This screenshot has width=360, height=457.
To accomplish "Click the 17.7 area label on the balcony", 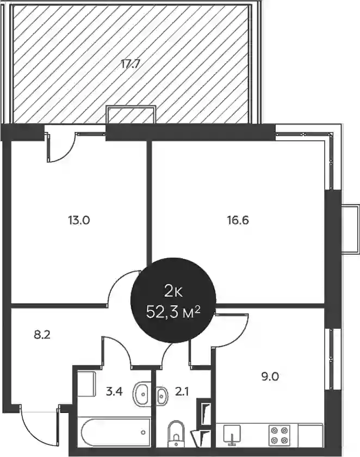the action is coord(131,64).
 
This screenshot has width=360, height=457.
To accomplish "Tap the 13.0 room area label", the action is coord(79,220).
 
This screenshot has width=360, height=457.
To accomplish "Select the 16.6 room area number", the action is coord(238,220).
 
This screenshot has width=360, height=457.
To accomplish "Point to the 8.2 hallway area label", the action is coord(42,335).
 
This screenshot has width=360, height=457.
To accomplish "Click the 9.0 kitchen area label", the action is coord(270,377).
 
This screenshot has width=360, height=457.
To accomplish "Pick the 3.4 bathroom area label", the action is coord(114,392).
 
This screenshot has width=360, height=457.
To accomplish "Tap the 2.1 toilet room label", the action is coord(182,392).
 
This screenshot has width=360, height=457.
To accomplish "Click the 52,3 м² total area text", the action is coord(173,313).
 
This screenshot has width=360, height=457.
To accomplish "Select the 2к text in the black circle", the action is coord(173,292).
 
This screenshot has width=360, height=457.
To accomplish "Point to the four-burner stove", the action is coord(280,434).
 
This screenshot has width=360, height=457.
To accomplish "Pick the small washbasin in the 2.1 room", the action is coord(162,396).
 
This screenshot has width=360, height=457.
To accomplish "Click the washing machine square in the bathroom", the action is coord(86,384).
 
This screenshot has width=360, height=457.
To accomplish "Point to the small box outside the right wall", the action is coord(350,229).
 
